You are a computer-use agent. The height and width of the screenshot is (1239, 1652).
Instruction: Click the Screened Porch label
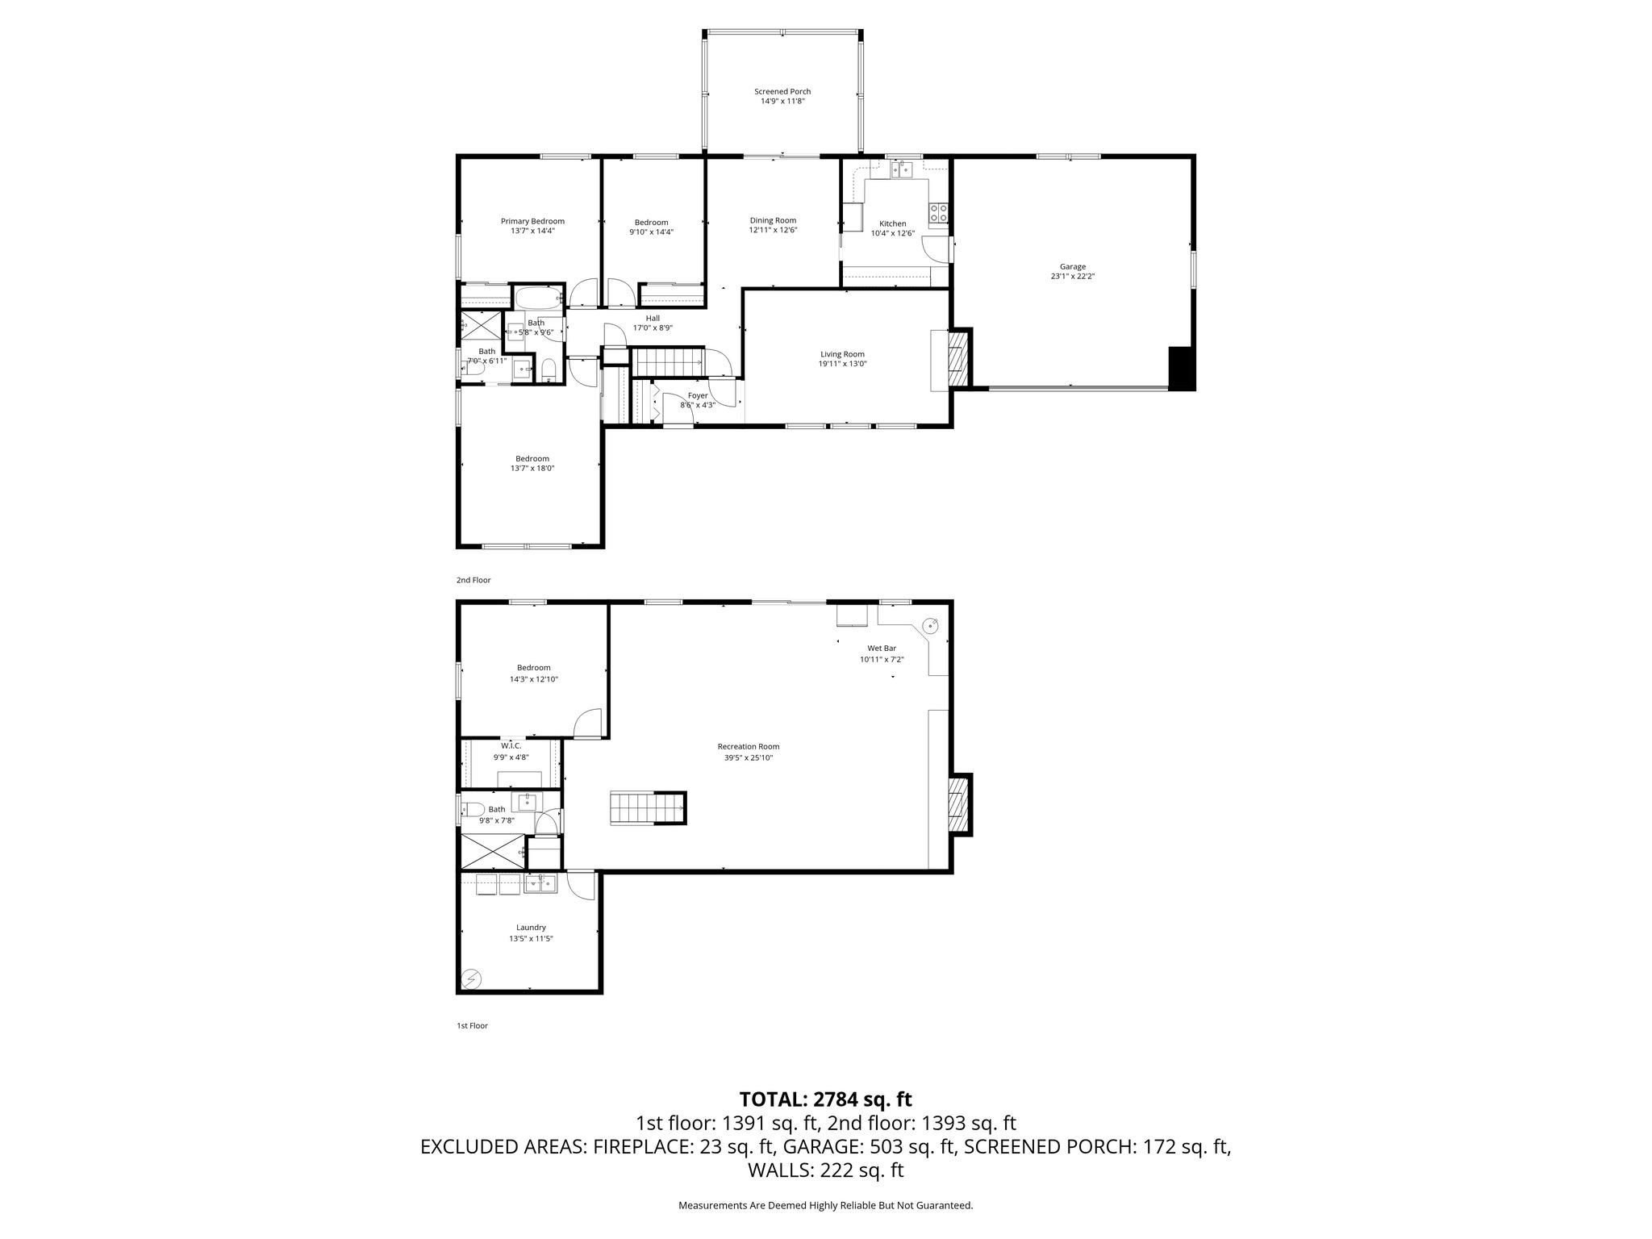pyautogui.click(x=782, y=92)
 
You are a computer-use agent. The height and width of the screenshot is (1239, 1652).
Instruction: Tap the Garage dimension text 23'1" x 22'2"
pyautogui.click(x=1072, y=277)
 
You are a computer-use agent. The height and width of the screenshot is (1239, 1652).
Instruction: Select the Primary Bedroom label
pyautogui.click(x=532, y=221)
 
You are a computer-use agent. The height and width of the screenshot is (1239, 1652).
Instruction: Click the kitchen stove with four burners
pyautogui.click(x=938, y=213)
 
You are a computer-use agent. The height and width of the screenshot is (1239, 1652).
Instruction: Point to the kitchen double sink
pyautogui.click(x=901, y=169)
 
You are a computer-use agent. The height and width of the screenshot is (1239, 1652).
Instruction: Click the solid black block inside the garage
pyautogui.click(x=1181, y=369)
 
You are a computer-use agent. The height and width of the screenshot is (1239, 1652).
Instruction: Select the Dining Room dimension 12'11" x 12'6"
pyautogui.click(x=773, y=231)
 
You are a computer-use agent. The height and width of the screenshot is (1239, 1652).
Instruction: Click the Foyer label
pyautogui.click(x=697, y=395)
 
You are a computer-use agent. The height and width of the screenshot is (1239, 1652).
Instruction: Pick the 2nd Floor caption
pyautogui.click(x=473, y=580)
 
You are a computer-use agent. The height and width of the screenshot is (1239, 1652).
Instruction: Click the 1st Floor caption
pyautogui.click(x=472, y=1026)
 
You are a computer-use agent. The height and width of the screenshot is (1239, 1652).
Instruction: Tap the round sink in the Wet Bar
pyautogui.click(x=930, y=625)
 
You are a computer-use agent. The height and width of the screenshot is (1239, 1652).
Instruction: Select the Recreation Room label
pyautogui.click(x=748, y=746)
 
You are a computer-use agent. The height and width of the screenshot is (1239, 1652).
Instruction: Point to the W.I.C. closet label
pyautogui.click(x=511, y=745)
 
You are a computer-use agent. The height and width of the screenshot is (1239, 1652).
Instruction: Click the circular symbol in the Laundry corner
pyautogui.click(x=472, y=978)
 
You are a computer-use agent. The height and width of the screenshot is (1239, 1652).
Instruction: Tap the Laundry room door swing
pyautogui.click(x=580, y=885)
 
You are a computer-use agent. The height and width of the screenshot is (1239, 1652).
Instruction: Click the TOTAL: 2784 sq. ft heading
pyautogui.click(x=825, y=1099)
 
